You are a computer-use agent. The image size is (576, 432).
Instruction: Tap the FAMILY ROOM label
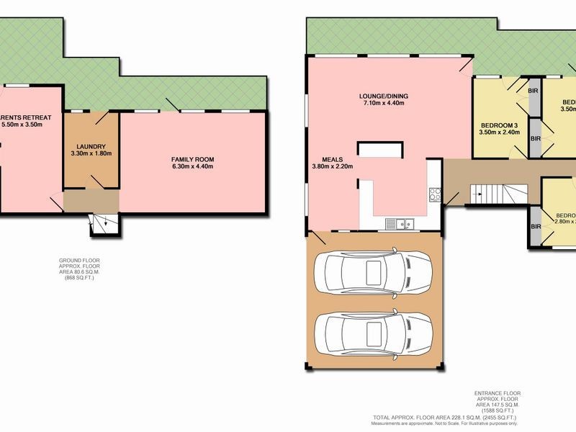coord(192,159)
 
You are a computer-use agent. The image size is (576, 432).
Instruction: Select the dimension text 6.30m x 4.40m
coord(192,167)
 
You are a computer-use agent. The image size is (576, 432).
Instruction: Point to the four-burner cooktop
coord(435,194)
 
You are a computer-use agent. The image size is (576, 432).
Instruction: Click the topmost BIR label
coord(534,91)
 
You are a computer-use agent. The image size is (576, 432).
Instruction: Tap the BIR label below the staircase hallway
coord(536,227)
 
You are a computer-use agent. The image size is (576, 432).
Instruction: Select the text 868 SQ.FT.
coord(77,277)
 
